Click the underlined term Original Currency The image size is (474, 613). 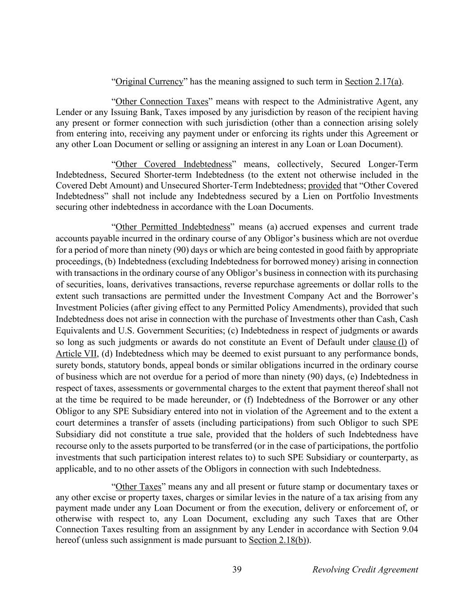coord(149,82)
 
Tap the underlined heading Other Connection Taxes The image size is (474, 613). coord(161,101)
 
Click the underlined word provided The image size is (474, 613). coord(324,185)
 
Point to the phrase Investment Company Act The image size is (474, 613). coord(287,296)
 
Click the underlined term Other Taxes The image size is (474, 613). coord(138,487)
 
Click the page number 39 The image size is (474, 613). coord(237,570)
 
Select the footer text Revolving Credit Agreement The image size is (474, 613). coord(365,570)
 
